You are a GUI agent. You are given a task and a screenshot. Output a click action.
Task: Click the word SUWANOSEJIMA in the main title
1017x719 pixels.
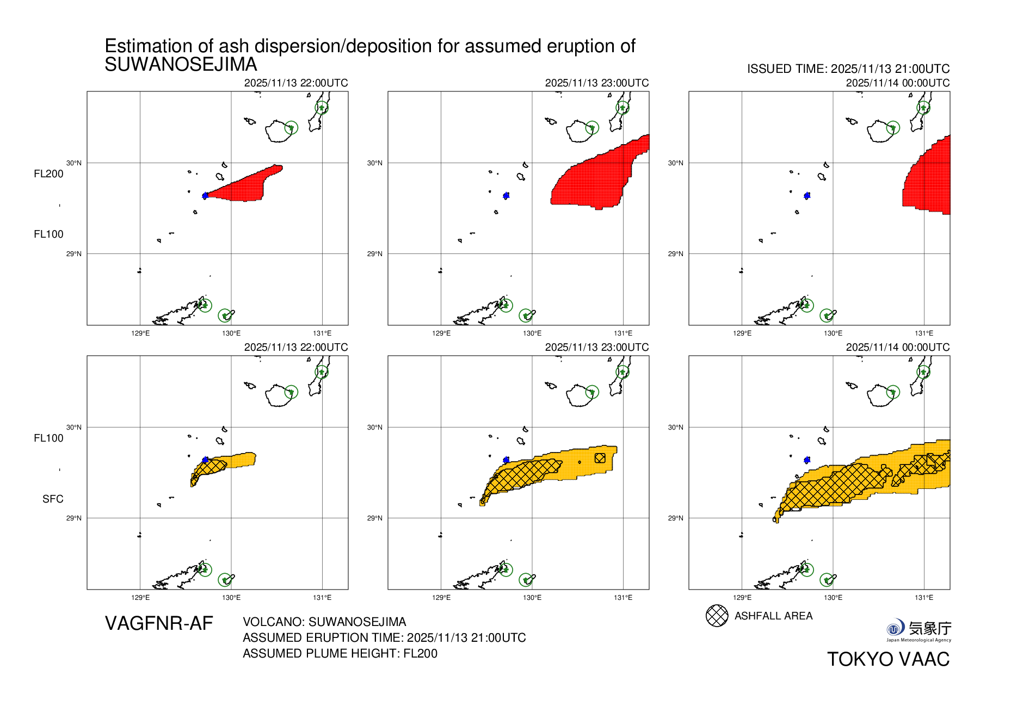pos(181,65)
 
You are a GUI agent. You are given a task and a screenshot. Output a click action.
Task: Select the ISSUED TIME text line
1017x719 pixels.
pos(848,69)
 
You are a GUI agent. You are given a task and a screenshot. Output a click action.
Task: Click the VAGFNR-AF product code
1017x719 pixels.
pos(158,623)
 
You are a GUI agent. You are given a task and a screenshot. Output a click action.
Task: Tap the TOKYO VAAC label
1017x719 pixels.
pos(888,659)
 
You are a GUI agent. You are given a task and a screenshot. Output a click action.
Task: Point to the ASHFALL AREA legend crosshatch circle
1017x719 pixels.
pos(717,616)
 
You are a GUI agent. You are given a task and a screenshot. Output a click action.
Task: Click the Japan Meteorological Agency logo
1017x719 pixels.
pos(919,630)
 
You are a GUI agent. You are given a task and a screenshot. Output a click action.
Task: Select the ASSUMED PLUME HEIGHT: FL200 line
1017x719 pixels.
pos(340,654)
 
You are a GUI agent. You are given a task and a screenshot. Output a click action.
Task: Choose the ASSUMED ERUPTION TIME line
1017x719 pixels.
pos(384,638)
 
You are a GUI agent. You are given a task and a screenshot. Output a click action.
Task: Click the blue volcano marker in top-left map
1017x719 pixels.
pos(205,195)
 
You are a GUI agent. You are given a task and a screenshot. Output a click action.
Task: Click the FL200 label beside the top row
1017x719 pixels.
pos(48,174)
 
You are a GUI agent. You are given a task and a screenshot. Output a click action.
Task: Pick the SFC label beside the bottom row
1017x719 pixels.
pos(53,499)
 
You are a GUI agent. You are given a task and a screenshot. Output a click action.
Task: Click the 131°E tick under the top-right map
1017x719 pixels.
pos(923,333)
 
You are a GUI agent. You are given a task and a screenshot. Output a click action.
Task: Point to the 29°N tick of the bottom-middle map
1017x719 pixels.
pos(374,518)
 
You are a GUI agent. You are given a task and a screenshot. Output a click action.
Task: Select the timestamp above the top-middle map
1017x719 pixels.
pos(596,83)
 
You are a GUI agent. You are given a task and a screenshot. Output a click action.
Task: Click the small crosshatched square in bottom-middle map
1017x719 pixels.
pos(600,458)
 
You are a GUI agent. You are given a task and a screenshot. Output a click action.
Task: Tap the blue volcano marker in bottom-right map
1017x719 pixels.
pos(807,460)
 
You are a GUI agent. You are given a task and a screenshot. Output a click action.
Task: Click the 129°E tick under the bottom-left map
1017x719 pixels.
pos(140,598)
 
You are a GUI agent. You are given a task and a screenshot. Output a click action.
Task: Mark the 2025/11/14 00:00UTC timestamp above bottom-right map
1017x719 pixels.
pos(897,348)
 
